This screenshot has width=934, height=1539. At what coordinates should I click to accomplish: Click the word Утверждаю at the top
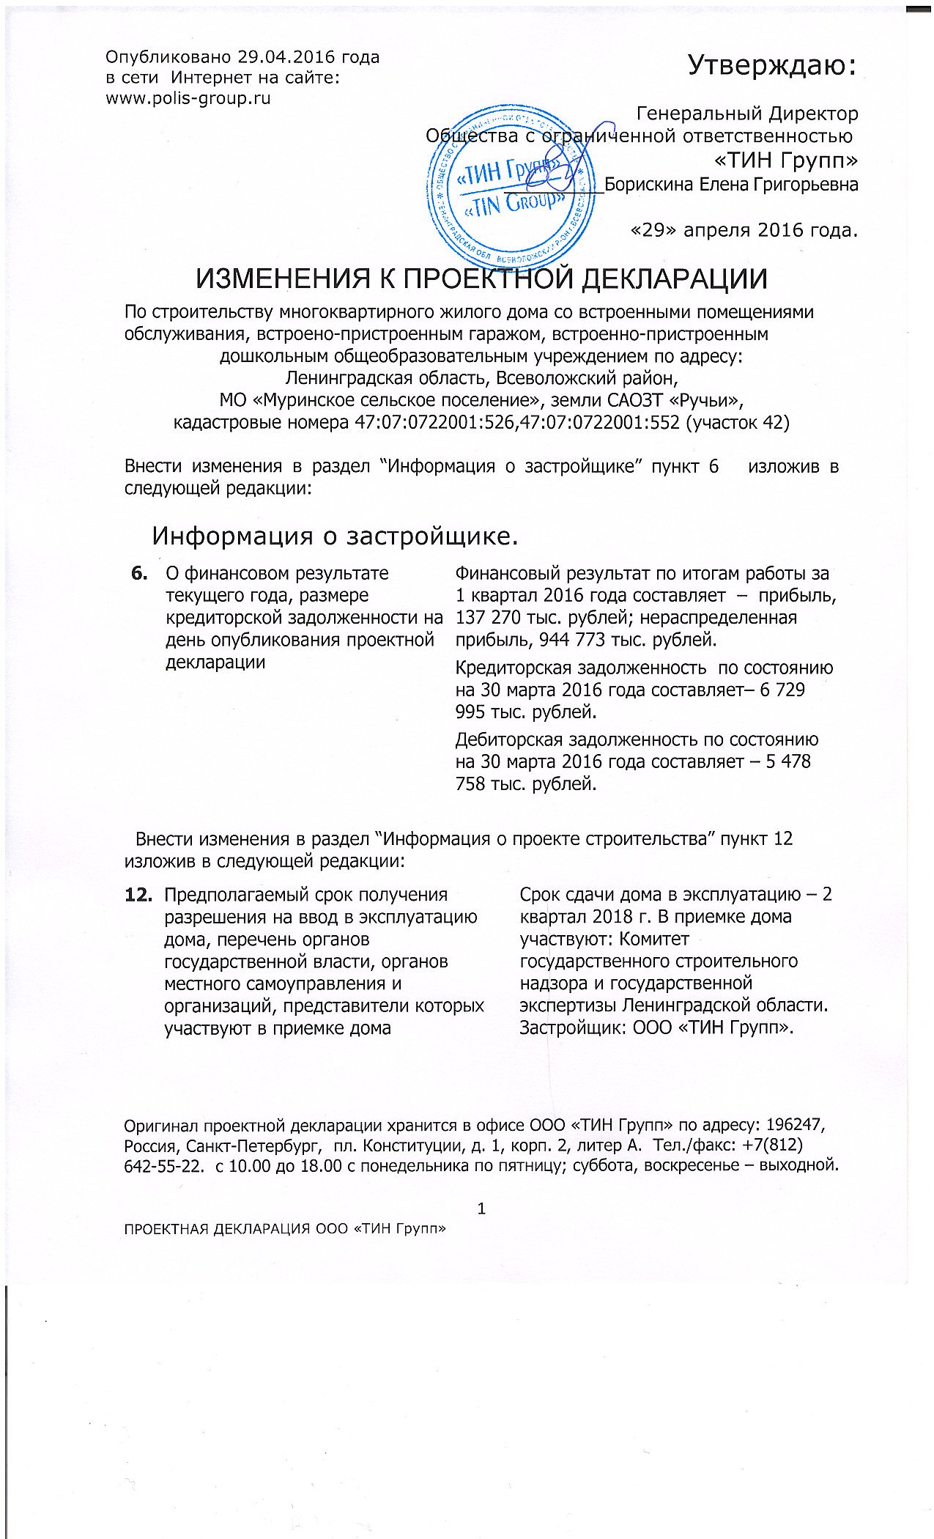(771, 65)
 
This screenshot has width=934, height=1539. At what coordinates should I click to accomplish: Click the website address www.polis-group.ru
(188, 98)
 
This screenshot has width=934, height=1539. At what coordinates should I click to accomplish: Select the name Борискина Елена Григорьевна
(731, 185)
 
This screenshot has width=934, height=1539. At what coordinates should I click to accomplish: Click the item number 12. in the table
(139, 895)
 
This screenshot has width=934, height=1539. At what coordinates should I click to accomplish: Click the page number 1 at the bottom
(481, 1208)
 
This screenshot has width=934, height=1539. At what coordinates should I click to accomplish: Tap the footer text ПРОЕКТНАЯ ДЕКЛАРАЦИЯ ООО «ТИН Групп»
(286, 1229)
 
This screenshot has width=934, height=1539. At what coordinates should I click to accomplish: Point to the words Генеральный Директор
(747, 114)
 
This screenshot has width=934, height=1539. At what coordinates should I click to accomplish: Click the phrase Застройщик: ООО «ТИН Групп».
(656, 1027)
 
